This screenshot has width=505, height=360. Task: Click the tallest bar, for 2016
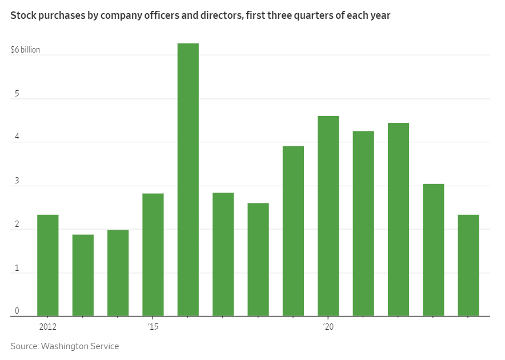click(x=188, y=179)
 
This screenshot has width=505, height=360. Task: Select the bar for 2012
click(x=48, y=265)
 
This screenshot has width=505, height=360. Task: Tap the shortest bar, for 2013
click(x=83, y=275)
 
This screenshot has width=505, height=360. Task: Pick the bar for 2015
click(x=153, y=254)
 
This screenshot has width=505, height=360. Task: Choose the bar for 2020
click(x=328, y=216)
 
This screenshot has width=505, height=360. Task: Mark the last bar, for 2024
click(x=468, y=265)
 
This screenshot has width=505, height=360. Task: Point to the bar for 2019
click(x=293, y=231)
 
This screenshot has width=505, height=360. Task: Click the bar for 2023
click(x=434, y=250)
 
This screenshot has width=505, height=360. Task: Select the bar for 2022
click(x=398, y=219)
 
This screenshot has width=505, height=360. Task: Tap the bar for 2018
click(x=258, y=259)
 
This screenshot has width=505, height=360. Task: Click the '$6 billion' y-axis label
click(x=25, y=50)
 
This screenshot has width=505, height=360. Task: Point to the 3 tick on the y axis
click(x=17, y=181)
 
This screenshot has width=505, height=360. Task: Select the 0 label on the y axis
click(x=17, y=311)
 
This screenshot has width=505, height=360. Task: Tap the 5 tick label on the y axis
click(x=17, y=94)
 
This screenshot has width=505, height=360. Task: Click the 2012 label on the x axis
click(x=48, y=326)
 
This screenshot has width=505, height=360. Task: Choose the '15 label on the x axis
click(x=153, y=326)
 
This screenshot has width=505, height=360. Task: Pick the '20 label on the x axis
click(x=328, y=326)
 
